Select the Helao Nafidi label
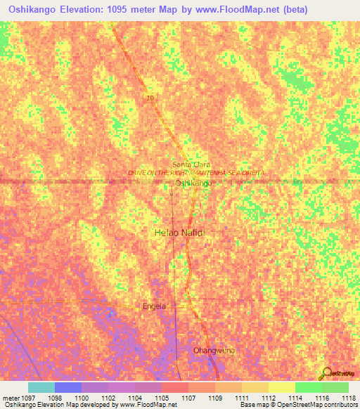pyautogui.click(x=179, y=231)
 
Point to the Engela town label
pyautogui.click(x=154, y=306)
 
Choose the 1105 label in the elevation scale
pyautogui.click(x=169, y=398)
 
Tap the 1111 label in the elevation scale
pyautogui.click(x=247, y=398)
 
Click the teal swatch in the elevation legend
pyautogui.click(x=41, y=387)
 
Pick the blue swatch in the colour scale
pyautogui.click(x=68, y=387)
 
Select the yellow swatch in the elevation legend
pyautogui.click(x=282, y=387)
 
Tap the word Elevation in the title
pyautogui.click(x=88, y=11)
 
